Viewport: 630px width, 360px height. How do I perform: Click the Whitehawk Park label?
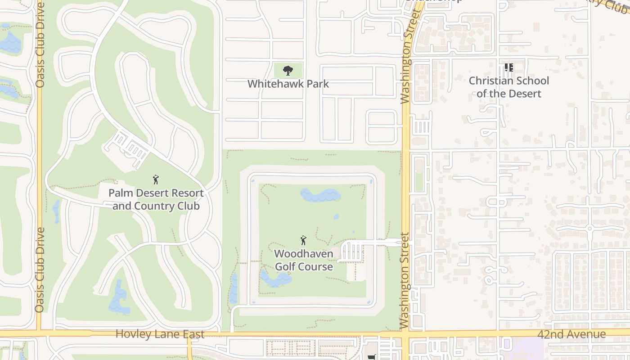pyautogui.click(x=288, y=84)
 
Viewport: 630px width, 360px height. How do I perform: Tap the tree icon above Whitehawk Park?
pyautogui.click(x=288, y=71)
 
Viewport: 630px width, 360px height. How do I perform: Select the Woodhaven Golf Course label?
pyautogui.click(x=304, y=260)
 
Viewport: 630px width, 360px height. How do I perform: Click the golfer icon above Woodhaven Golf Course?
pyautogui.click(x=303, y=240)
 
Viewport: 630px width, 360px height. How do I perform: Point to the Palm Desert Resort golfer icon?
pyautogui.click(x=156, y=180)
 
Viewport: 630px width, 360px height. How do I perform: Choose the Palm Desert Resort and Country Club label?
pyautogui.click(x=156, y=199)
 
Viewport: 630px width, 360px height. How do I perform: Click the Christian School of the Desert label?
pyautogui.click(x=508, y=87)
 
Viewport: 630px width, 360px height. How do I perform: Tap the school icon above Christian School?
pyautogui.click(x=508, y=68)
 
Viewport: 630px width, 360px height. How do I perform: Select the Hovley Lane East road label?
pyautogui.click(x=160, y=334)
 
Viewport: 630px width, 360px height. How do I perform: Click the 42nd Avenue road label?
pyautogui.click(x=571, y=334)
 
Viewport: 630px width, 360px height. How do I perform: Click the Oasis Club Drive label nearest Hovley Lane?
pyautogui.click(x=40, y=270)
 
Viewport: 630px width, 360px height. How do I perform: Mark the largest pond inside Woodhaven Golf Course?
pyautogui.click(x=320, y=195)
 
